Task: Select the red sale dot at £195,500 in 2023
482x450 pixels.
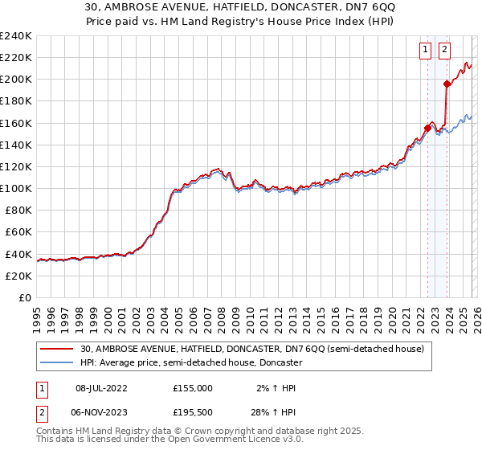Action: click(x=447, y=84)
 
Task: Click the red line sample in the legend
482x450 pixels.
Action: click(x=58, y=349)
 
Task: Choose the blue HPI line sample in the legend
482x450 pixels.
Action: click(x=58, y=363)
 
